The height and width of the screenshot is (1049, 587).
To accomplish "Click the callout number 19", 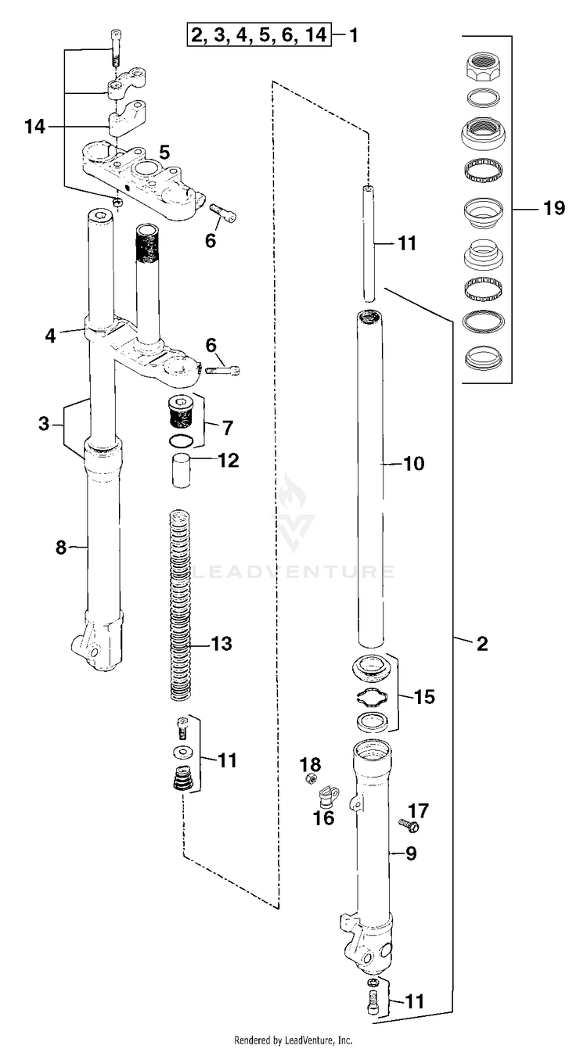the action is point(554,208).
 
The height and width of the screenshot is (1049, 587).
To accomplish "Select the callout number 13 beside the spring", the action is point(221,644).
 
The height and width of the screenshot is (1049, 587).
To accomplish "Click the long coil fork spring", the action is point(180,606).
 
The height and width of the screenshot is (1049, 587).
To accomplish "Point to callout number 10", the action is point(414,464).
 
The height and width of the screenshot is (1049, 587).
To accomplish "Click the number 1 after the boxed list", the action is point(353,34).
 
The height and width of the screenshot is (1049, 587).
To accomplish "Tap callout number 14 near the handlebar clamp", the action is point(35,127).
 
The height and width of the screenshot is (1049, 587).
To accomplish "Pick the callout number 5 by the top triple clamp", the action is point(164,153).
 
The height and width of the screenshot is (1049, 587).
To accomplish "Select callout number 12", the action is point(229,460).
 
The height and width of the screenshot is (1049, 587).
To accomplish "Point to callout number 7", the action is point(227,428).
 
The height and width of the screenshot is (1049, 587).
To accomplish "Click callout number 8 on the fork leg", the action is point(61,547).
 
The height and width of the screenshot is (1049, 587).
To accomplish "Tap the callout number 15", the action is point(424,697).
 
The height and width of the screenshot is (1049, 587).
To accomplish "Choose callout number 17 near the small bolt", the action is point(418,810).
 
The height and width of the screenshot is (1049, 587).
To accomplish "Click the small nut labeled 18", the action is point(309,779).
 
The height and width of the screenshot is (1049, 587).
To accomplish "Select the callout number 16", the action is point(324,818).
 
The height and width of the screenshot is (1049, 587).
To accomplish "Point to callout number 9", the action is point(410,853).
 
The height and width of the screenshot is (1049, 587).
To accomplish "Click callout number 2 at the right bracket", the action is point(482,644).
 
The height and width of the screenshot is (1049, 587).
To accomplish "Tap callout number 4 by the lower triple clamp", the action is point(50,336).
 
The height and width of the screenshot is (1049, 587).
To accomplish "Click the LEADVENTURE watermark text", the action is point(293,572).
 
